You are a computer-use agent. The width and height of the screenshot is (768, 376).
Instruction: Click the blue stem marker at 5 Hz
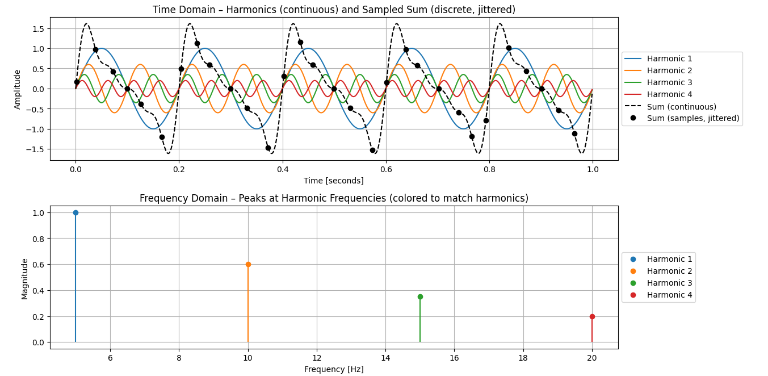[75, 212]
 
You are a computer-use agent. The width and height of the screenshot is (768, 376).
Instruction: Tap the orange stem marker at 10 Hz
[248, 264]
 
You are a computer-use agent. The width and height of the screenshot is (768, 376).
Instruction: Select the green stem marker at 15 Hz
[420, 296]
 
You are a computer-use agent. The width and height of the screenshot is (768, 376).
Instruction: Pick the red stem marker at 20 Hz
[592, 316]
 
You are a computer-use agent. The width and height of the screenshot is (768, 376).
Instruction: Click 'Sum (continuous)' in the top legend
[681, 107]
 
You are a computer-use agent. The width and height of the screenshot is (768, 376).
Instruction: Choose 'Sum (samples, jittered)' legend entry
[693, 118]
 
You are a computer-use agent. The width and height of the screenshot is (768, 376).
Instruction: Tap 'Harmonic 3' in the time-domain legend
[669, 82]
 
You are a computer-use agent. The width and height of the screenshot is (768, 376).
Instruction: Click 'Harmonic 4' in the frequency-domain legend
[669, 295]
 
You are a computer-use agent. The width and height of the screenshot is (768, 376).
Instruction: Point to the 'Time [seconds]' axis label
[334, 181]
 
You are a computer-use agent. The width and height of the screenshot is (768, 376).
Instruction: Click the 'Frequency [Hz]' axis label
[334, 369]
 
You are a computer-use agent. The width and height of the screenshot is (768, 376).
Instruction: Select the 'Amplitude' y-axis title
[18, 89]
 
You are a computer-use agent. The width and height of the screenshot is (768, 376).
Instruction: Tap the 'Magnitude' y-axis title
[25, 278]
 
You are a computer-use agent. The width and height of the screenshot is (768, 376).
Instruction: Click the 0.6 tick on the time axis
[386, 169]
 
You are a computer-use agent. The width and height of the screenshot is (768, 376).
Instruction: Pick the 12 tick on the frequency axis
[317, 358]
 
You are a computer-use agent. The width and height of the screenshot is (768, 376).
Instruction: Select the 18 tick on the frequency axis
[523, 358]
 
